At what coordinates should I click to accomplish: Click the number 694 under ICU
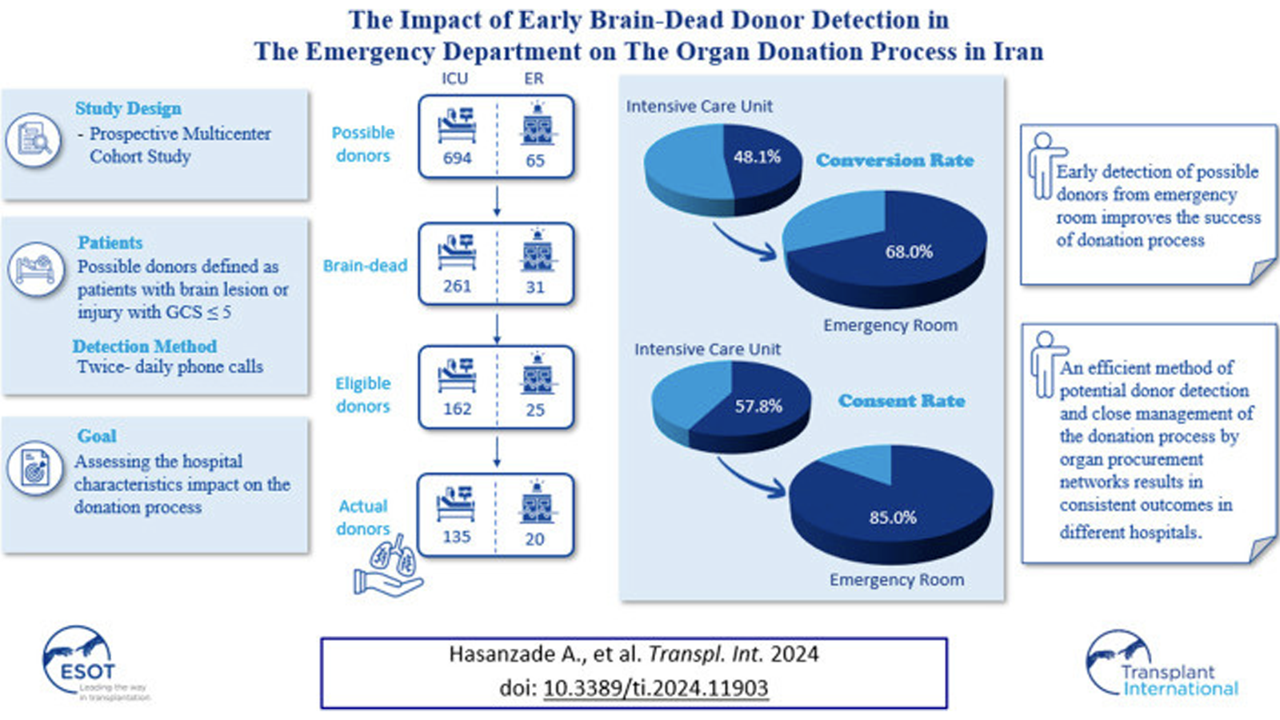457,158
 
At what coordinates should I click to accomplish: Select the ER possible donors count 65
535,160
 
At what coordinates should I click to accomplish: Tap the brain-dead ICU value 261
457,286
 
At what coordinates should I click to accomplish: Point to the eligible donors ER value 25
535,410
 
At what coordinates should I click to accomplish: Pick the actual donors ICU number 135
457,537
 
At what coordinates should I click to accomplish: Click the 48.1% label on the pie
757,157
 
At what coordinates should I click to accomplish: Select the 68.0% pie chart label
909,252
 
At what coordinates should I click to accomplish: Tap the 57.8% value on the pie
758,406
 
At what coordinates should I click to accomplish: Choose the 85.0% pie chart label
893,518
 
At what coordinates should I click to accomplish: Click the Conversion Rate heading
894,160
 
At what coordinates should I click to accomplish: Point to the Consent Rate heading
901,401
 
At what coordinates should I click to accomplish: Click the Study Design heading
128,108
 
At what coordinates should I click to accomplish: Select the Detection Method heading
145,346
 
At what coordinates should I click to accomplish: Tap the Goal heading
97,436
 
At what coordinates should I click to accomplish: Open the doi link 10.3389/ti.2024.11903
655,688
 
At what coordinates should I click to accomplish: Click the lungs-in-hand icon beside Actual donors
390,566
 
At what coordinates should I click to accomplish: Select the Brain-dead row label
365,266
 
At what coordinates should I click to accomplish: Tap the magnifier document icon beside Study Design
34,140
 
